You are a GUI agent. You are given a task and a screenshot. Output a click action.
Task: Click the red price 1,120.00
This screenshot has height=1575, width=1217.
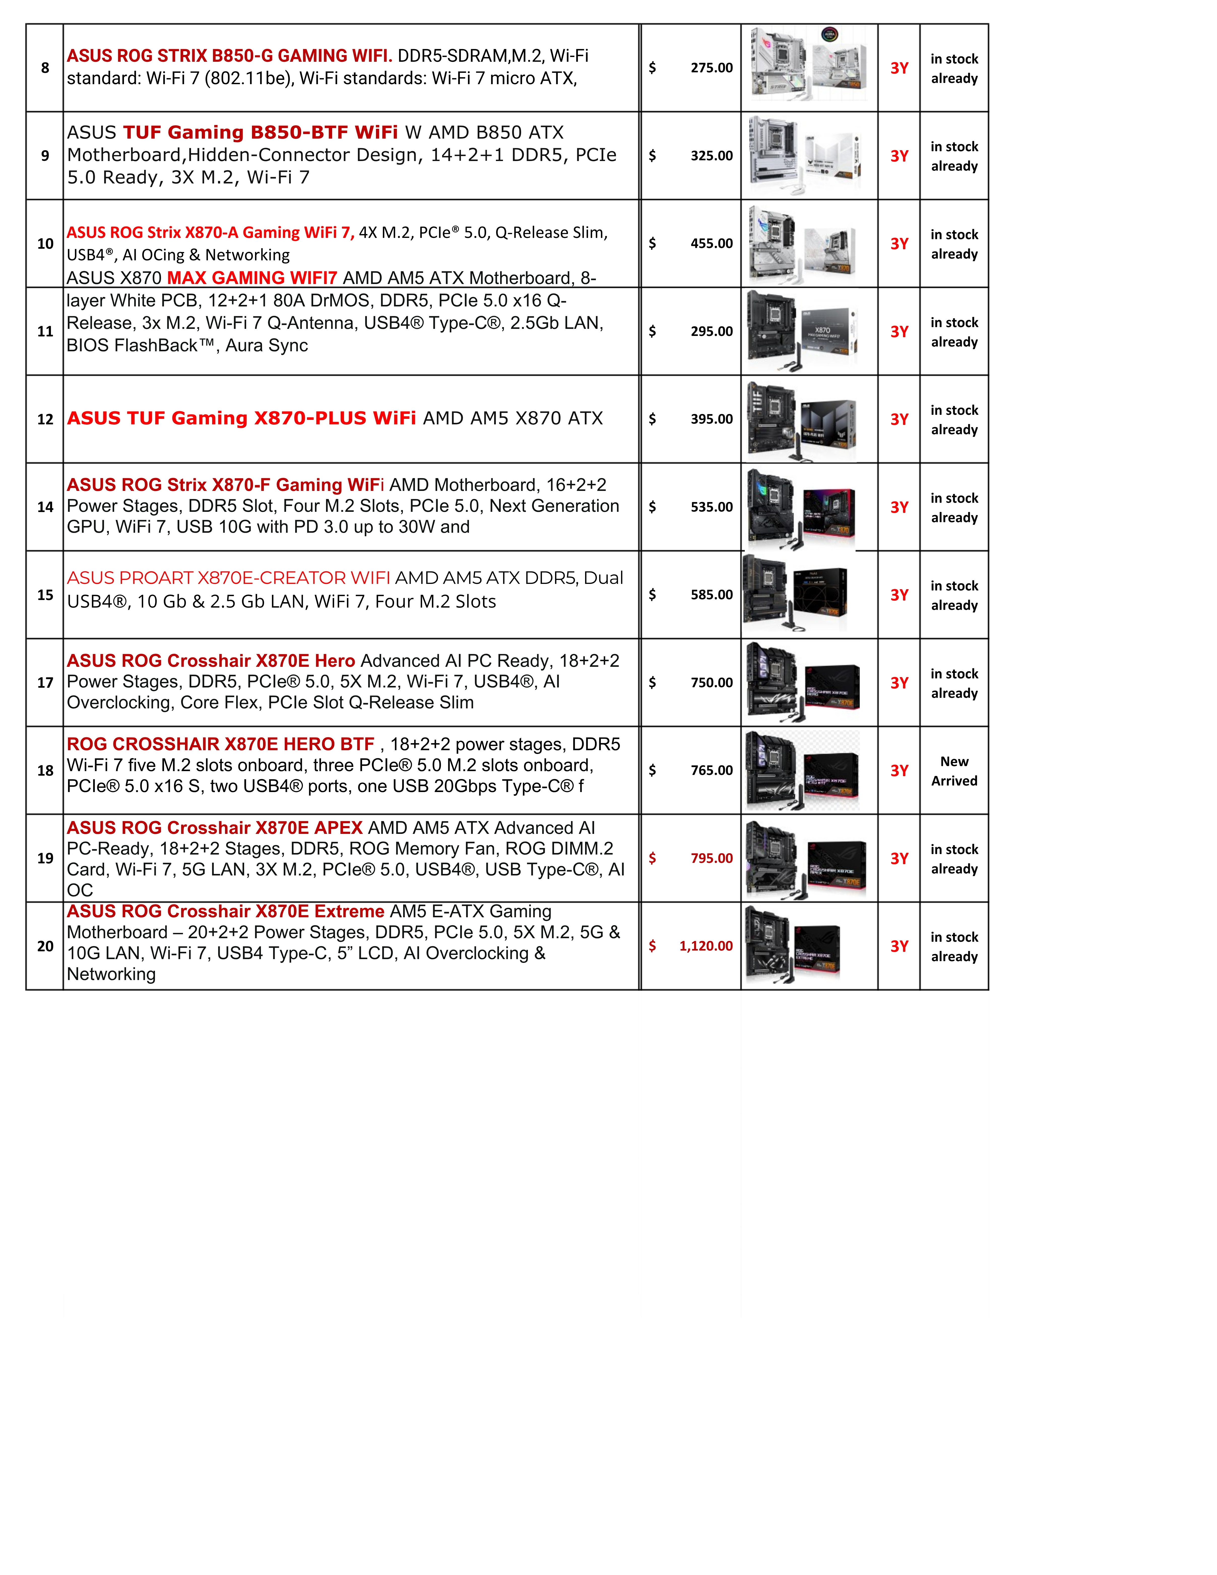(706, 946)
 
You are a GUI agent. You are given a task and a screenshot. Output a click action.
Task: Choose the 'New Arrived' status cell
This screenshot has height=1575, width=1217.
(954, 771)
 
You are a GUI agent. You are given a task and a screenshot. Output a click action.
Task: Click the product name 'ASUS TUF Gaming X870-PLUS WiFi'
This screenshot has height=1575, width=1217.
(242, 418)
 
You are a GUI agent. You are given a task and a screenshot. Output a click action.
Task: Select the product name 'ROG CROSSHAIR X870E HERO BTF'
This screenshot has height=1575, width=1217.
(221, 744)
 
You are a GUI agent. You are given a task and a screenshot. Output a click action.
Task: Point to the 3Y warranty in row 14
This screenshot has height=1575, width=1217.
(899, 508)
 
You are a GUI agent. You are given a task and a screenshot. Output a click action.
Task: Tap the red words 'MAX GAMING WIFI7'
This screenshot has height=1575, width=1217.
(252, 278)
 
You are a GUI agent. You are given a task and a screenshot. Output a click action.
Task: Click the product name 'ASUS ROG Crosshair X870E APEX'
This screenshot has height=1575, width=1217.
(215, 828)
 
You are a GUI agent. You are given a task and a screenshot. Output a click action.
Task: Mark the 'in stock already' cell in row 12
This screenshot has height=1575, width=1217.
(954, 420)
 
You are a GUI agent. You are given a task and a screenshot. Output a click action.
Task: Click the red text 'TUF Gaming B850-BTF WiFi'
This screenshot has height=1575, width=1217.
(260, 133)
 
